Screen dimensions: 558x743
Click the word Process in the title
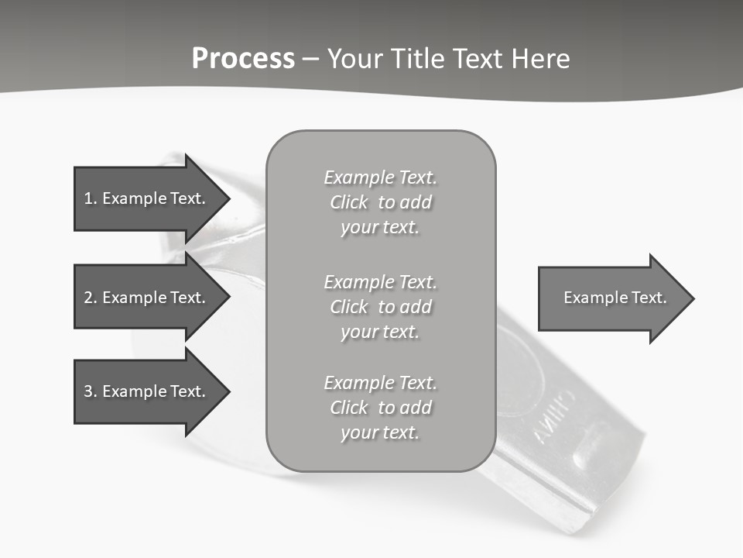pyautogui.click(x=243, y=59)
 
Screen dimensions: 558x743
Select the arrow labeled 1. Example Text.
pyautogui.click(x=147, y=198)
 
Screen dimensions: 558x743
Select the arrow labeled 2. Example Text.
pyautogui.click(x=147, y=298)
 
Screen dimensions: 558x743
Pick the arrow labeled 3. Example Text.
pyautogui.click(x=147, y=391)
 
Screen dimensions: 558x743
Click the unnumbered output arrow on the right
pyautogui.click(x=611, y=298)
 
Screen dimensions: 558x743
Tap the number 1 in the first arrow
pyautogui.click(x=88, y=198)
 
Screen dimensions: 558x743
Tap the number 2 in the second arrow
pyautogui.click(x=88, y=298)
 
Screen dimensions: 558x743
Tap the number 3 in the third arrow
pyautogui.click(x=88, y=391)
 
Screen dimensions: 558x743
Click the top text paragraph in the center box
pyautogui.click(x=380, y=202)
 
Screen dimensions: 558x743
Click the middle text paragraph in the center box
pyautogui.click(x=380, y=307)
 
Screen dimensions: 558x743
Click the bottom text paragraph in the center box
pyautogui.click(x=380, y=408)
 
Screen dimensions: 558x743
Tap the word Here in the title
pyautogui.click(x=541, y=59)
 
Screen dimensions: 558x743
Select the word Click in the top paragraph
pyautogui.click(x=349, y=202)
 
